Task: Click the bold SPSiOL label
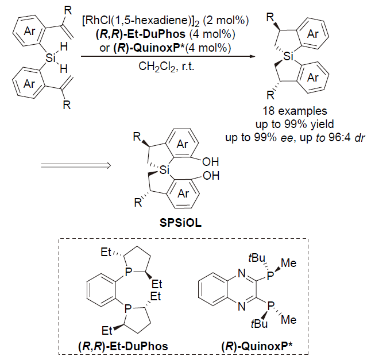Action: coord(180,223)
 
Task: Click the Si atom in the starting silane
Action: coord(50,57)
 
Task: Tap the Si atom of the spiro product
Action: coord(288,56)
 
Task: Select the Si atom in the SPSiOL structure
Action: coord(164,170)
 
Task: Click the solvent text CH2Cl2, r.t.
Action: coord(167,67)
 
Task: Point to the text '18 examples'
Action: coord(295,111)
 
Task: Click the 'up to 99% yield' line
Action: coord(295,124)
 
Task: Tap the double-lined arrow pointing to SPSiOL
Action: coord(76,165)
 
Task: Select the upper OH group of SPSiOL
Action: coord(210,162)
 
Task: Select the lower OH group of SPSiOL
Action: coord(211,176)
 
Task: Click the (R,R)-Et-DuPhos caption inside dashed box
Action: coord(123,346)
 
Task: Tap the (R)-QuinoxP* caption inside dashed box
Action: coord(257,346)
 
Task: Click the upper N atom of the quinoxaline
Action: coord(242,273)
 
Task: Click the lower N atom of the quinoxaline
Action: coord(242,306)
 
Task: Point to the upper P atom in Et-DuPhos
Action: coord(129,272)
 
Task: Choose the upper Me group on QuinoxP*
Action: coord(289,263)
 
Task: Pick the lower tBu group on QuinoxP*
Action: coord(259,324)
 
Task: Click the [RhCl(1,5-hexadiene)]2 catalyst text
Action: coord(141,21)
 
